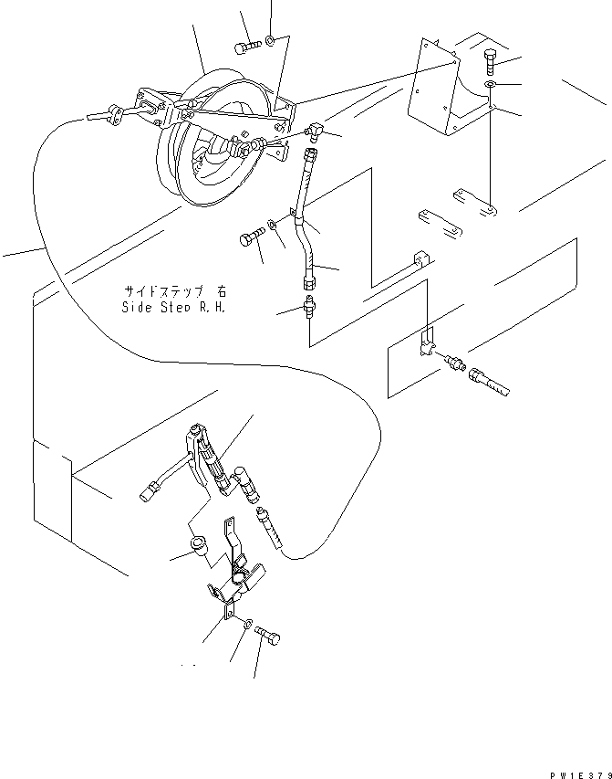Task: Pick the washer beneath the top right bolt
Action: (491, 86)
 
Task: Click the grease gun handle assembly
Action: (205, 457)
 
